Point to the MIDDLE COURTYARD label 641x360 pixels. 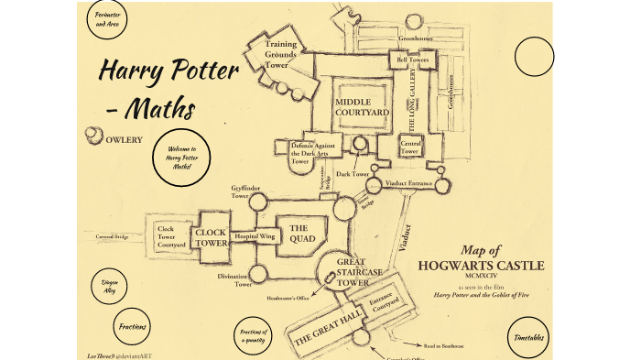click(362, 107)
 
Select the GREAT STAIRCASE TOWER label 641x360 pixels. click(350, 271)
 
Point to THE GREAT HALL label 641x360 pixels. click(327, 326)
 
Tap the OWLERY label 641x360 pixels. click(124, 140)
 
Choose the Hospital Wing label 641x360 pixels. click(254, 236)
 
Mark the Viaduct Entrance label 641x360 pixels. click(408, 183)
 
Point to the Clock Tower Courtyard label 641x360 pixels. click(171, 235)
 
